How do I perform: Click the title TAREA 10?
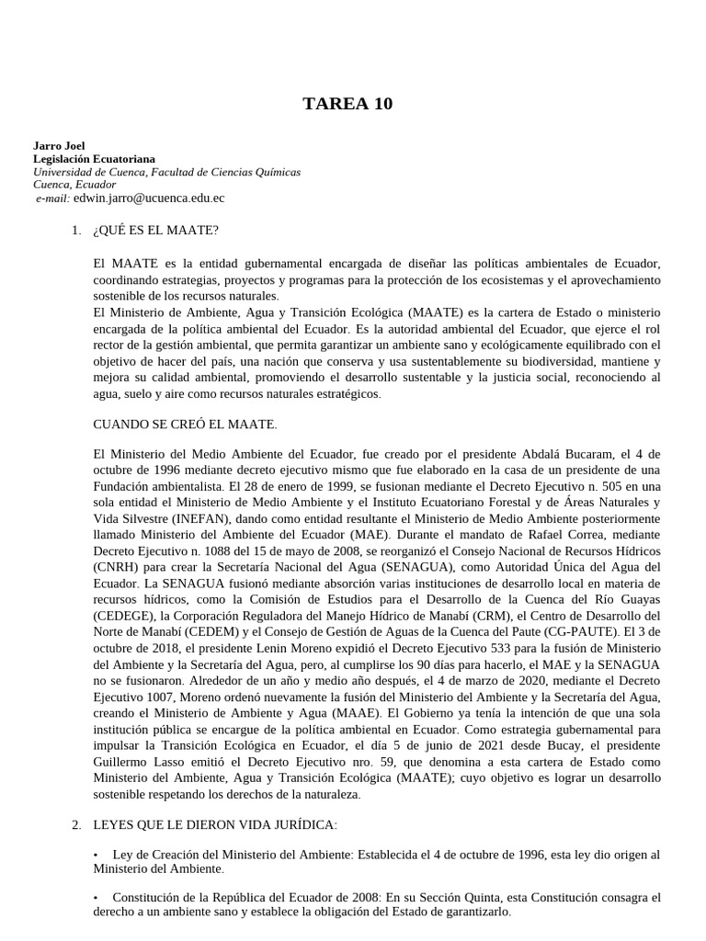pos(347,104)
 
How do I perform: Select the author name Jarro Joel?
pos(59,146)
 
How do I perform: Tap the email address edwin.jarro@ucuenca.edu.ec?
pos(149,198)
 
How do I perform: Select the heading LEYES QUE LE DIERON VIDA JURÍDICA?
pos(215,825)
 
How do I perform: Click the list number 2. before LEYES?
pos(77,825)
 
